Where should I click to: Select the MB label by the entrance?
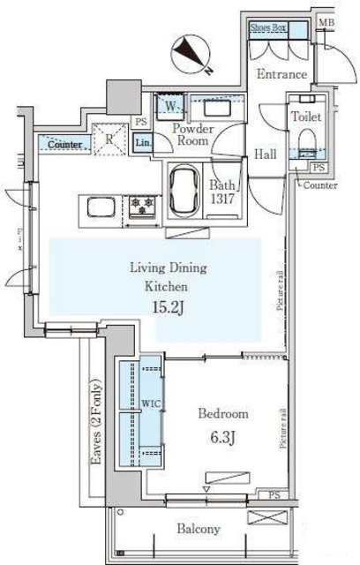(x=326, y=23)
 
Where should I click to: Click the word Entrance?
(x=281, y=75)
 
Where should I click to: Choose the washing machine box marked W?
(x=170, y=109)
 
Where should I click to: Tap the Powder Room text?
(x=193, y=135)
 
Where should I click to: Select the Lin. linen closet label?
(x=144, y=144)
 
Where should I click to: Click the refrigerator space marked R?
(x=109, y=139)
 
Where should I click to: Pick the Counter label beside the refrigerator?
(x=63, y=144)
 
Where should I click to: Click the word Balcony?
(x=197, y=529)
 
